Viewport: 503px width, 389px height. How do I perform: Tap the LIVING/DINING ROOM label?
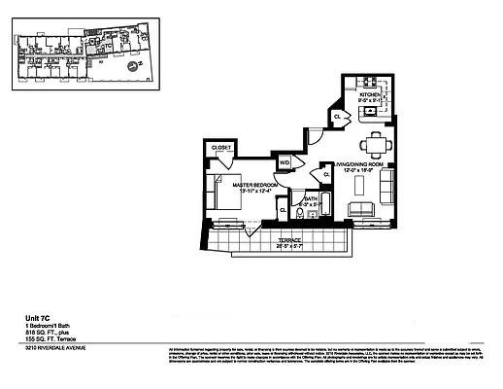(x=361, y=166)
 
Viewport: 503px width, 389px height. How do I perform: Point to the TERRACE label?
(x=289, y=238)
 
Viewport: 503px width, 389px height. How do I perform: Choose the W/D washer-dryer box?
(x=285, y=163)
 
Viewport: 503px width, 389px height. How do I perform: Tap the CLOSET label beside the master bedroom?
(x=221, y=149)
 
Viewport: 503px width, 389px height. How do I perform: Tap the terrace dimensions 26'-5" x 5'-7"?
(x=289, y=245)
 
